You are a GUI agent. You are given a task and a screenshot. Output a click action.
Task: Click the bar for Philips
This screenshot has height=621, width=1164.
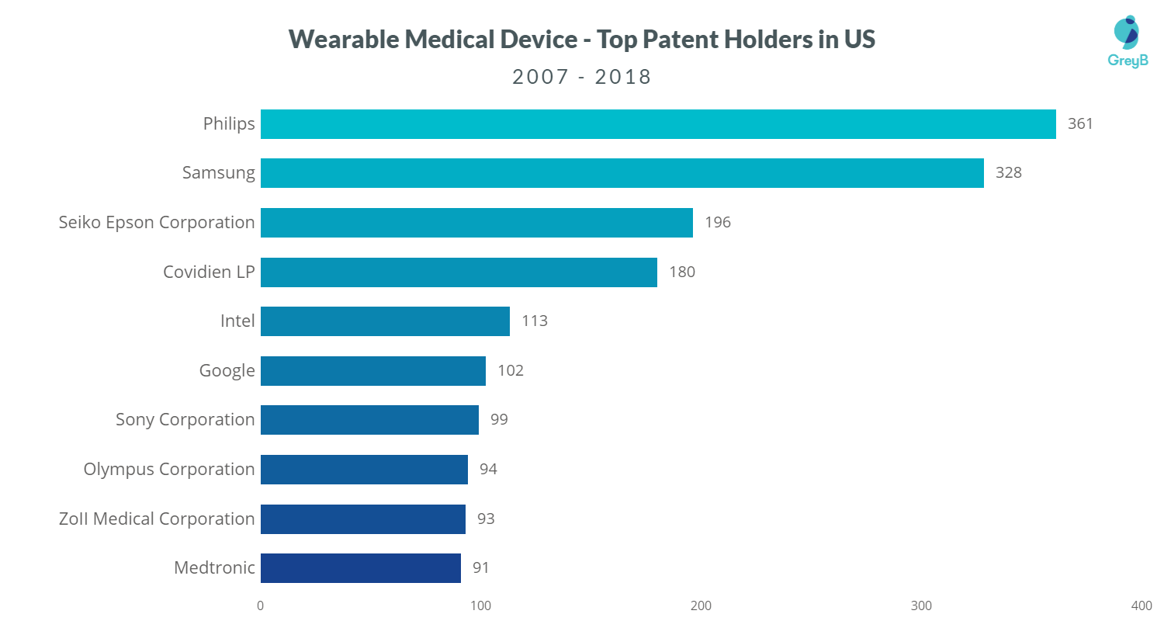coord(658,124)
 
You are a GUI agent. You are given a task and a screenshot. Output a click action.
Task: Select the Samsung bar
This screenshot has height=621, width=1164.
coord(622,173)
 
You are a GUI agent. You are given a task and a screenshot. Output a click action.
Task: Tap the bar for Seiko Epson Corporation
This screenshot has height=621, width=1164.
coord(476,223)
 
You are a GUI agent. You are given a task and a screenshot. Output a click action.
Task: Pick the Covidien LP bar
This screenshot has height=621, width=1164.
coord(459,272)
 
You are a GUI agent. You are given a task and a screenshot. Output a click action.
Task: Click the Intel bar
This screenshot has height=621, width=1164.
coord(385,321)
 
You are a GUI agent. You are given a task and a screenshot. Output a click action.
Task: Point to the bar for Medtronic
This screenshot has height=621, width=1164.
coord(361,568)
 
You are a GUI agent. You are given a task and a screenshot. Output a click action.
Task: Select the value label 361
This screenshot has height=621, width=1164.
coord(1080,123)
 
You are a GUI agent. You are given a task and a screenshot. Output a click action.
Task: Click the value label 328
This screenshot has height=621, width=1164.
coord(1009,173)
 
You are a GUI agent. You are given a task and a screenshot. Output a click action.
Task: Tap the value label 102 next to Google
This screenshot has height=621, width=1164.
coord(511,370)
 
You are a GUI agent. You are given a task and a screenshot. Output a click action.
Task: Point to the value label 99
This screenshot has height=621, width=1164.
coord(499,420)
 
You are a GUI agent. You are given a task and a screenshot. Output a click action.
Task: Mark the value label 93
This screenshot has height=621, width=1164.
coord(486,519)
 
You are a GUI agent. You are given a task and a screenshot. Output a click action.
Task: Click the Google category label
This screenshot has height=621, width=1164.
coord(227,371)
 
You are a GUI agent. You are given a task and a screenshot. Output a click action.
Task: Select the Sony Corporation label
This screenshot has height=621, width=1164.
coord(185,420)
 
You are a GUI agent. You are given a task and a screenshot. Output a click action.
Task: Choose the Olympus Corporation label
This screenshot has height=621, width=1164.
coord(169,470)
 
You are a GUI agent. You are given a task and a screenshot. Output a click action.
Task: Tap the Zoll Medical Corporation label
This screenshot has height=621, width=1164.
coord(157,519)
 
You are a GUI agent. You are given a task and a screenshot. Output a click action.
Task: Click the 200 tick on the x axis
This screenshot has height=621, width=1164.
coord(701,605)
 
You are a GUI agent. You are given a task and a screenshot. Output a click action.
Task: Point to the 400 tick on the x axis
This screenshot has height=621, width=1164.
coord(1141,605)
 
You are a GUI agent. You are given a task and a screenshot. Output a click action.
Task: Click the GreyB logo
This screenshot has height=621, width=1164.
coord(1127,43)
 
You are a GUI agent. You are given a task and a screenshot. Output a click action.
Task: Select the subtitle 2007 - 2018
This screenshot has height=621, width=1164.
coord(581,78)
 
